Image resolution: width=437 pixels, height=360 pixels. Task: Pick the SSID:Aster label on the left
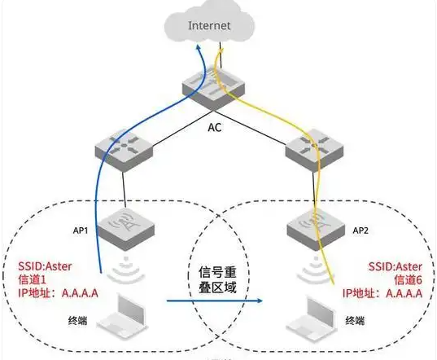tap(48, 265)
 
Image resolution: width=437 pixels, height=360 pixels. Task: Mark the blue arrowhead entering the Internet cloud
tap(202, 50)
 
